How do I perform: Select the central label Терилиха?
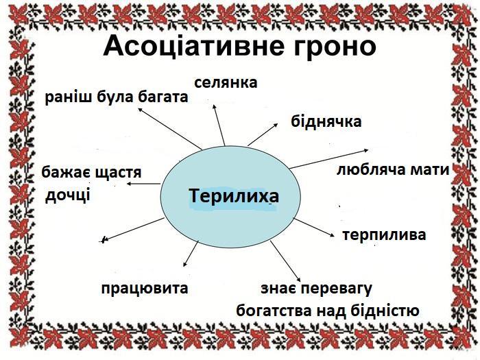pyautogui.click(x=234, y=197)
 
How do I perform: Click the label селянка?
pyautogui.click(x=226, y=83)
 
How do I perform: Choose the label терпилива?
pyautogui.click(x=384, y=235)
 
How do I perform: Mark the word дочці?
pyautogui.click(x=67, y=195)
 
